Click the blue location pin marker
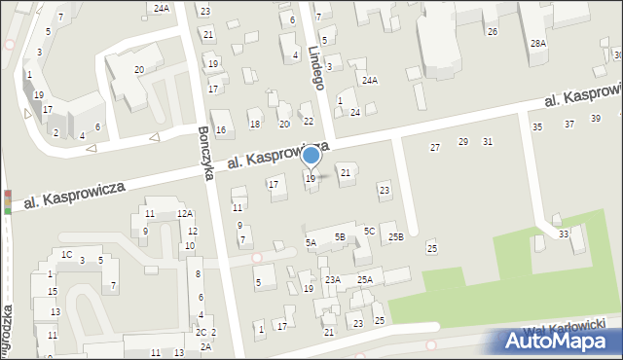click(x=311, y=156)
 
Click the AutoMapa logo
click(x=559, y=341)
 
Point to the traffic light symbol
click(x=8, y=200)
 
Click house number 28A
click(x=537, y=44)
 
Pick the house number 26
click(x=493, y=32)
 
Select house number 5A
click(x=311, y=242)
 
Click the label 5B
click(x=340, y=236)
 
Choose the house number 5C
click(x=369, y=231)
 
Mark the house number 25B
click(x=395, y=236)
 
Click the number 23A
click(x=333, y=280)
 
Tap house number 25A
click(x=364, y=280)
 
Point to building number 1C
click(x=66, y=254)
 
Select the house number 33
click(x=564, y=234)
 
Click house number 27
click(x=435, y=147)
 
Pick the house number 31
click(x=488, y=142)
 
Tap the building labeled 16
click(x=221, y=130)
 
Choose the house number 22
click(x=309, y=121)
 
